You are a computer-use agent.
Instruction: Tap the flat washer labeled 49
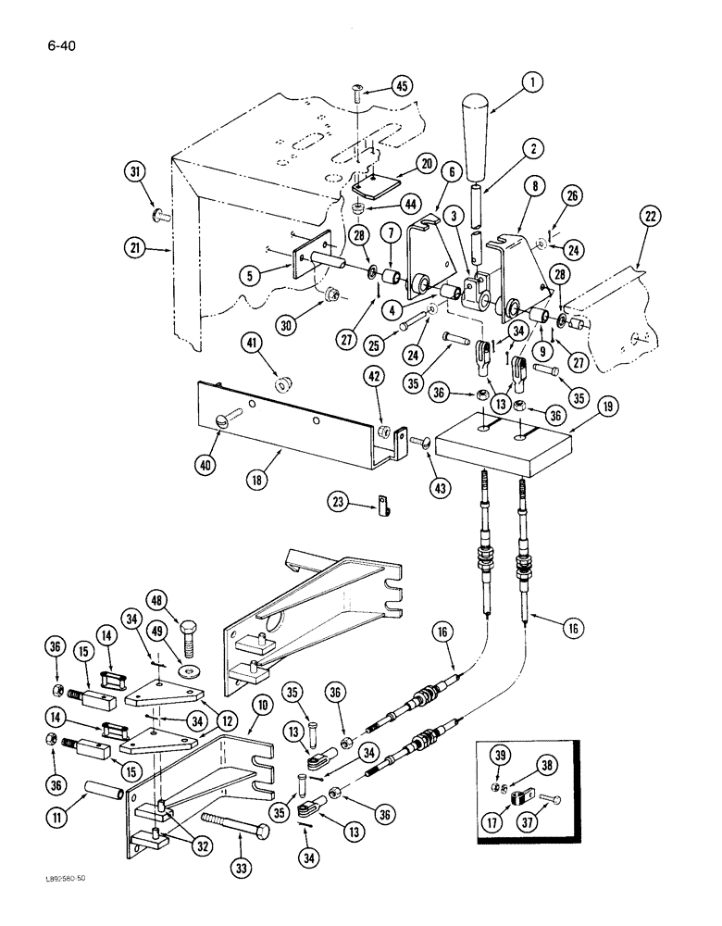coord(191,669)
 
